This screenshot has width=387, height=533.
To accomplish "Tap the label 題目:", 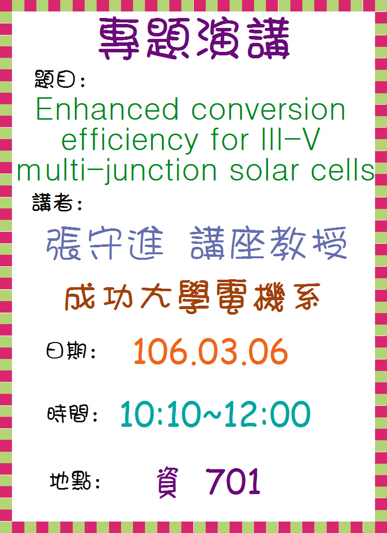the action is click(x=60, y=80).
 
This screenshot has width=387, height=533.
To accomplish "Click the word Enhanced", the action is click(x=107, y=109).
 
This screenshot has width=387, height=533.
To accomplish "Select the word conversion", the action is click(x=268, y=110).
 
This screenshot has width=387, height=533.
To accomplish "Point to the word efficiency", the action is click(x=129, y=140).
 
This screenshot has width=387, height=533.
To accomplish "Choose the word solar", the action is click(x=265, y=170).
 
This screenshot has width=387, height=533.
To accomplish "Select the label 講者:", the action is click(x=57, y=202).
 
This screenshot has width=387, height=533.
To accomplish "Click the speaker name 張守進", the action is click(x=105, y=244).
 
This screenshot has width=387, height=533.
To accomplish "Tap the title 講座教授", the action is click(x=268, y=243).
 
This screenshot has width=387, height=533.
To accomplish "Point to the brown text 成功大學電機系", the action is click(x=192, y=296).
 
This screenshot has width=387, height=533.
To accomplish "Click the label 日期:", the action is click(x=71, y=352).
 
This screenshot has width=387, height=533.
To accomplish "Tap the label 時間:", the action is click(x=72, y=414).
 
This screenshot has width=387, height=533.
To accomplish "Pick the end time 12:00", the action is click(x=267, y=414).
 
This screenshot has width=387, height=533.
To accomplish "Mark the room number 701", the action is click(x=233, y=481).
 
